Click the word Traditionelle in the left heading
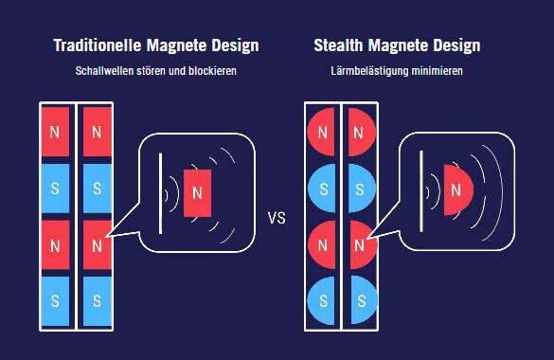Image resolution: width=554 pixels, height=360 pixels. (98, 45)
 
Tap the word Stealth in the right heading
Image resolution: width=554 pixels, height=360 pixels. (338, 45)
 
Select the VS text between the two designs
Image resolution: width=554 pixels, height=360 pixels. (277, 218)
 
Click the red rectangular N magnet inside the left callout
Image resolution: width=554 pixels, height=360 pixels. (198, 193)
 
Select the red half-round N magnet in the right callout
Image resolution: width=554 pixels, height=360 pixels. (458, 189)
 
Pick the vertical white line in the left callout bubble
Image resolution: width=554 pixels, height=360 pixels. (161, 193)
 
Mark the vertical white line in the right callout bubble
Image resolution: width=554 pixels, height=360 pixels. (421, 191)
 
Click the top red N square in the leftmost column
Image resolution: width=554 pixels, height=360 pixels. (56, 132)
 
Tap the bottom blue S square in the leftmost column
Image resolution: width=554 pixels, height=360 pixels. (56, 301)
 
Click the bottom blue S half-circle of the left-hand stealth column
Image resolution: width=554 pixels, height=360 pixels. (321, 300)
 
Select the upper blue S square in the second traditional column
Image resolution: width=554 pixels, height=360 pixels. (98, 189)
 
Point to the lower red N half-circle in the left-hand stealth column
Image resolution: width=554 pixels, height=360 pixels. (321, 244)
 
